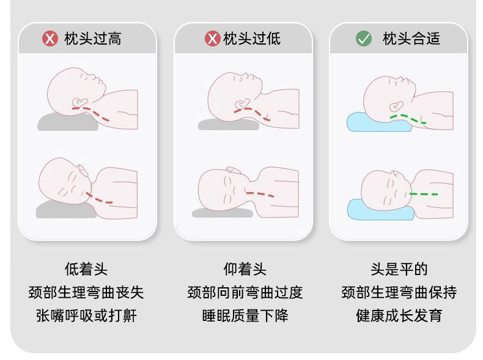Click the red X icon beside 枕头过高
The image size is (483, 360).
click(x=50, y=39)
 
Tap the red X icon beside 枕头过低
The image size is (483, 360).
click(x=213, y=39)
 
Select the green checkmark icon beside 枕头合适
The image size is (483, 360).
click(x=364, y=39)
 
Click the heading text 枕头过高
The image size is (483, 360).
click(x=93, y=39)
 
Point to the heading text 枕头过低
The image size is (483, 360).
click(x=252, y=39)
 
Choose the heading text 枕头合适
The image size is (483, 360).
click(x=411, y=39)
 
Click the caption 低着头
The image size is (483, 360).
click(x=86, y=269)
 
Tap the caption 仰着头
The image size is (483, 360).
click(x=245, y=269)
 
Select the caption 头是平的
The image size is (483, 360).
click(x=399, y=269)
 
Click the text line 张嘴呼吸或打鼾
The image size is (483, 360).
click(x=87, y=315)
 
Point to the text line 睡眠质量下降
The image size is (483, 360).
click(x=245, y=315)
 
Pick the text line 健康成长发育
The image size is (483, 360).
click(x=399, y=315)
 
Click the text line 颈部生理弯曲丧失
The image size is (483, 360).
click(x=86, y=292)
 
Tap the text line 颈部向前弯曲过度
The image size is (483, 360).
click(x=245, y=292)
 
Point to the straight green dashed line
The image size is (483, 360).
click(x=424, y=194)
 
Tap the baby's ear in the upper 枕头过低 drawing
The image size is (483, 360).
click(x=243, y=104)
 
